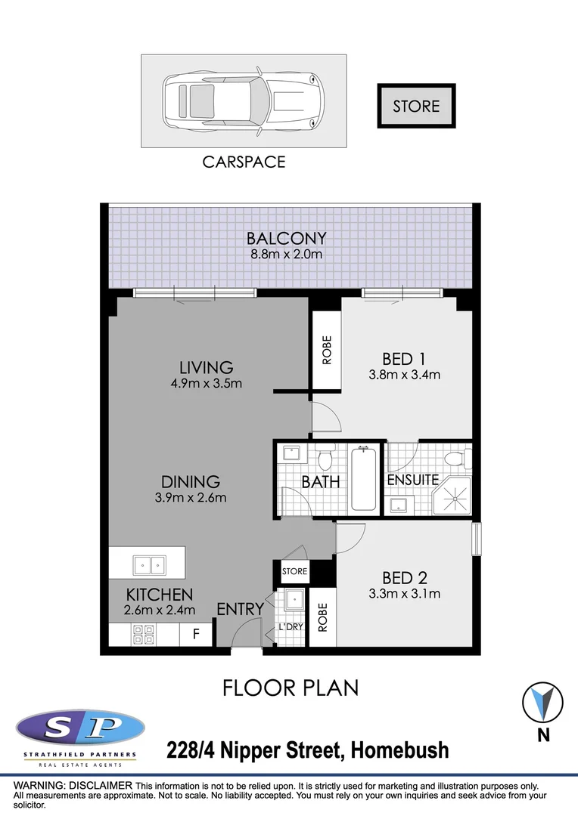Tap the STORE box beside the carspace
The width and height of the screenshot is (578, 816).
point(416,106)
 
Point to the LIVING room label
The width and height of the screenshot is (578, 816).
point(206,367)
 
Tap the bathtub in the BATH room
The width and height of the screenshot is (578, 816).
point(365,480)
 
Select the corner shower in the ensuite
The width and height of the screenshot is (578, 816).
point(452,496)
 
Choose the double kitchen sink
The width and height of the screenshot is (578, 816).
point(148,564)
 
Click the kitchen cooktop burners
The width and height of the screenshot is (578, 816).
point(143,634)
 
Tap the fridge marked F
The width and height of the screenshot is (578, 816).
point(196,635)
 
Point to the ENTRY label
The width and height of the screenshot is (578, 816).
point(240,609)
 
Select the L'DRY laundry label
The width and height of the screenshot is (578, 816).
point(291,628)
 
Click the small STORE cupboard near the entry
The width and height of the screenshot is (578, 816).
point(294,571)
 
